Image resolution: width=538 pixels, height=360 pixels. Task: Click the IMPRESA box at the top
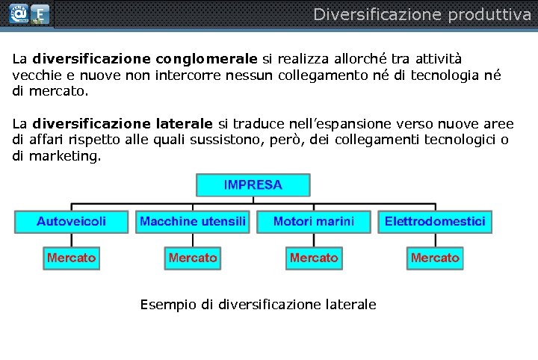point(253,185)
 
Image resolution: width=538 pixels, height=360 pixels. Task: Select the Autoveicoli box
point(72,222)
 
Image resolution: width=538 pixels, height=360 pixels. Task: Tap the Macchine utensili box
point(193,222)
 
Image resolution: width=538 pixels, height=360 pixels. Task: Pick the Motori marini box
point(314,222)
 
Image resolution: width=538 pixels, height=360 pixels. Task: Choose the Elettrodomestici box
point(435,222)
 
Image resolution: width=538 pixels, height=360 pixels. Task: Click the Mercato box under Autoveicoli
point(72,258)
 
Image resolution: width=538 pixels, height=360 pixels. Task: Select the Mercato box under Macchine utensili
point(193,258)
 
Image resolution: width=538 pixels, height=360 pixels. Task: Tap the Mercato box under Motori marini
point(314,258)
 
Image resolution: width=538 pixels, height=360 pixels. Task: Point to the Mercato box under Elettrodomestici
point(435,258)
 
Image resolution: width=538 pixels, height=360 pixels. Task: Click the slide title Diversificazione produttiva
point(421,14)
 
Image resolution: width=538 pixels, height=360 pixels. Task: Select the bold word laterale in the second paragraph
point(185,123)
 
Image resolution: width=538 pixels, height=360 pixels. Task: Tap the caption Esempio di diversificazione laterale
point(258,305)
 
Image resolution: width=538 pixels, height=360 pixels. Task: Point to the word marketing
point(64,156)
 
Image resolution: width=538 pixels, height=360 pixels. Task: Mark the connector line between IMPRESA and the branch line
point(253,200)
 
